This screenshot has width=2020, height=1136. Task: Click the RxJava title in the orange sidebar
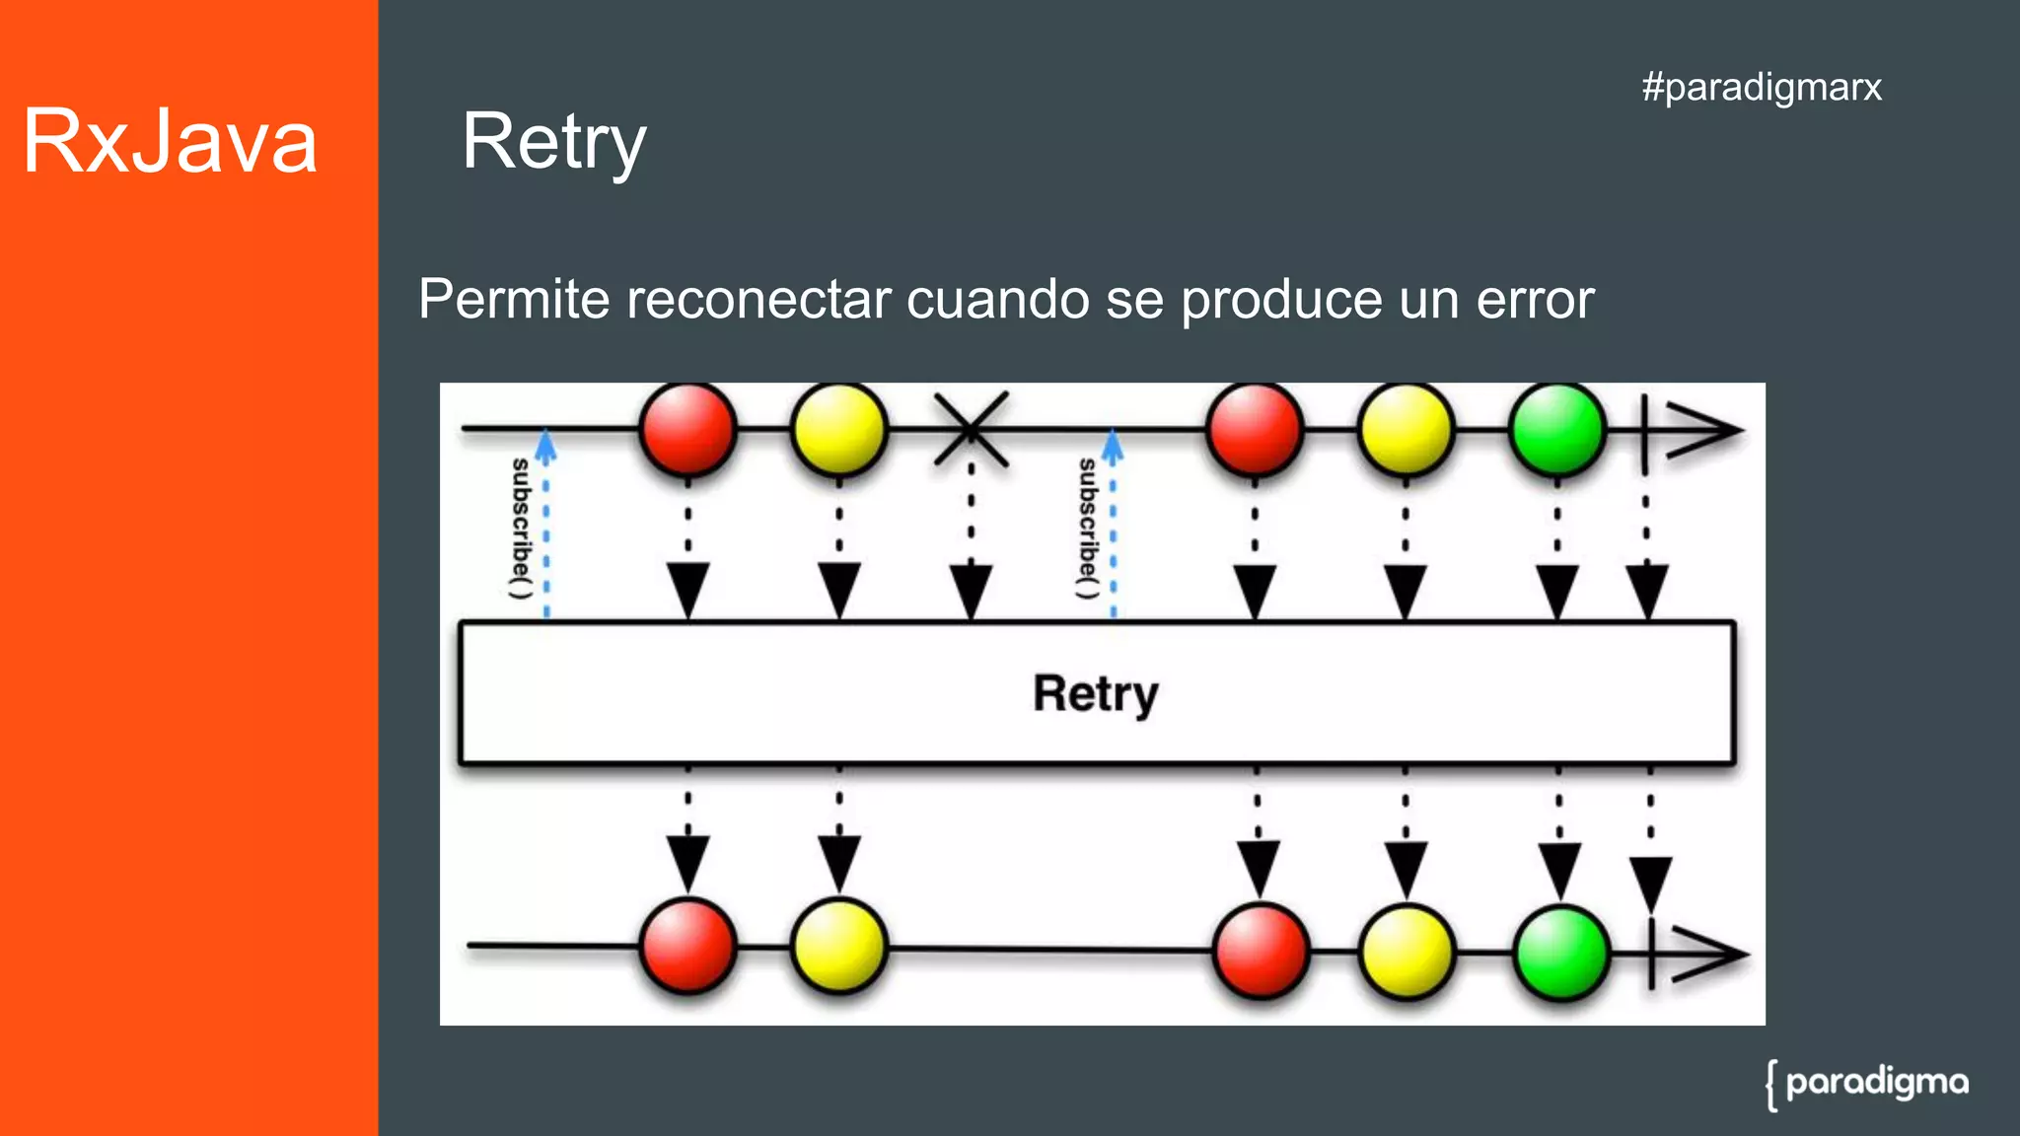point(170,142)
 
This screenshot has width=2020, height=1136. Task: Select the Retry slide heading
point(553,142)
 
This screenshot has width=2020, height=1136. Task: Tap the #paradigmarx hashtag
point(1762,87)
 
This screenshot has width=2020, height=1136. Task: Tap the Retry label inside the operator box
point(1095,693)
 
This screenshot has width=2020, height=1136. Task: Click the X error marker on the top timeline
point(972,429)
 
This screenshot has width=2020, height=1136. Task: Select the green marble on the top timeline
point(1557,429)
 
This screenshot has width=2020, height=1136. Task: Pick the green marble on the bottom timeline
point(1561,953)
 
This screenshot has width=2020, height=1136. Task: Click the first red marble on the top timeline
point(687,429)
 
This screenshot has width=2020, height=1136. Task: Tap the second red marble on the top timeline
point(1255,429)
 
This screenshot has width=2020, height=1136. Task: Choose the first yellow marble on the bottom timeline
point(839,946)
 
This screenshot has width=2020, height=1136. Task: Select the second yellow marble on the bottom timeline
point(1407,952)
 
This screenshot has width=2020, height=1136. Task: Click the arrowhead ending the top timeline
point(1704,430)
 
